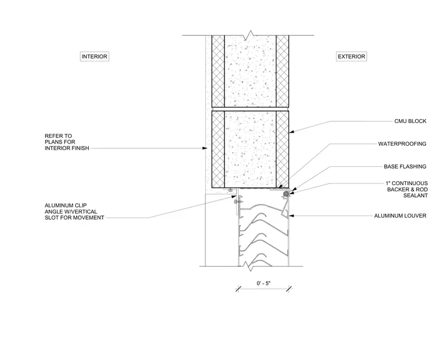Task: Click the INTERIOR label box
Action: tap(95, 56)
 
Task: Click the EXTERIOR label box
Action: tap(352, 56)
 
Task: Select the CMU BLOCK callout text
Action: tap(410, 121)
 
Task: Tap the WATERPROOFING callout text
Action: tap(402, 144)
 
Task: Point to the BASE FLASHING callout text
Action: tap(405, 166)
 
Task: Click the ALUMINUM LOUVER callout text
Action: tap(400, 216)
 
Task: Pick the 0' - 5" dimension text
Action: tap(263, 283)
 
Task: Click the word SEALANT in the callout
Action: tap(415, 195)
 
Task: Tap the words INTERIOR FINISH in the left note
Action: tap(67, 148)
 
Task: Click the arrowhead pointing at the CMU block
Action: tap(292, 132)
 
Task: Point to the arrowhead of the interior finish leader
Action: tap(205, 148)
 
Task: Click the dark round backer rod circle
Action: tap(286, 194)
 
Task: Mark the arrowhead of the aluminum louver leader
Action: tap(291, 216)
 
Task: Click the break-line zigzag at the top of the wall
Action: tap(250, 35)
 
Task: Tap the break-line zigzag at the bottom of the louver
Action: tap(251, 267)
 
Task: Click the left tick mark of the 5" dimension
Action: tap(239, 289)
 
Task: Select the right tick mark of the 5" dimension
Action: tap(289, 289)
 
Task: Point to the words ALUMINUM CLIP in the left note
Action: tap(66, 206)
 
